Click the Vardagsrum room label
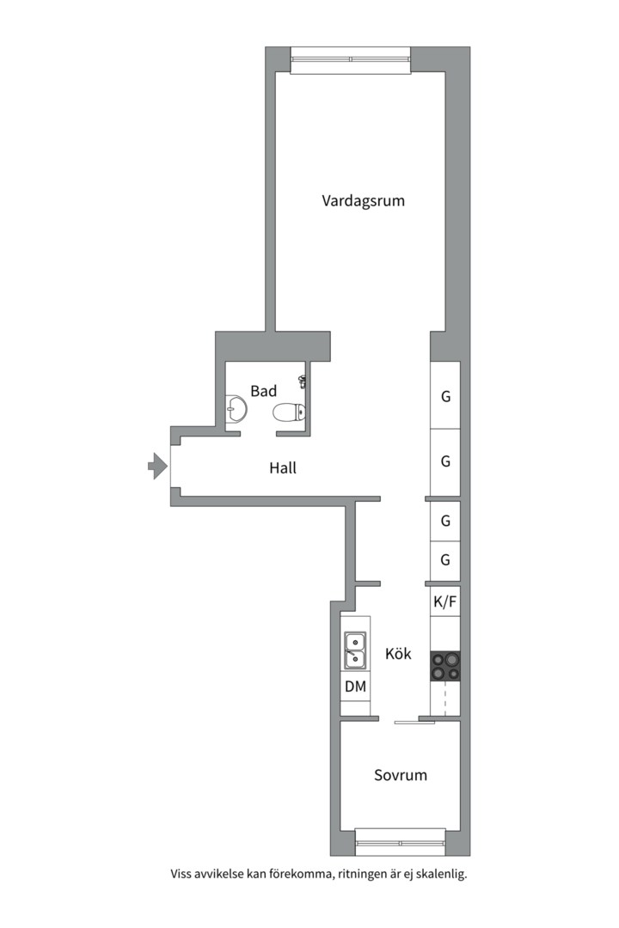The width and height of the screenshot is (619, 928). pyautogui.click(x=363, y=201)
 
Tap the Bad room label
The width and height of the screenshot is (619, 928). pyautogui.click(x=263, y=391)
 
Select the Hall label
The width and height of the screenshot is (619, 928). pyautogui.click(x=283, y=468)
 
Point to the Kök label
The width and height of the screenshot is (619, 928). pyautogui.click(x=398, y=654)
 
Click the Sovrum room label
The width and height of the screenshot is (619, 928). pyautogui.click(x=400, y=775)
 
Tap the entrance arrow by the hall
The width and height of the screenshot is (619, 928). pyautogui.click(x=157, y=467)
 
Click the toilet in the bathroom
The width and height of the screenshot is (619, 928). pyautogui.click(x=287, y=412)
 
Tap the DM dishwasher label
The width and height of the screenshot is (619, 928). pyautogui.click(x=355, y=687)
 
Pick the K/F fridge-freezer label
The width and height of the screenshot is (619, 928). pyautogui.click(x=444, y=601)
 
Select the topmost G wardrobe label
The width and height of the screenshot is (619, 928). pyautogui.click(x=445, y=397)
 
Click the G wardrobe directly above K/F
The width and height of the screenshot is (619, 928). pyautogui.click(x=445, y=560)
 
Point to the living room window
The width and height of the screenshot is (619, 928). pyautogui.click(x=351, y=59)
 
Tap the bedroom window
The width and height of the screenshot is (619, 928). pyautogui.click(x=400, y=842)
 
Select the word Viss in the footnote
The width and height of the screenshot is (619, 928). pyautogui.click(x=183, y=875)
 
